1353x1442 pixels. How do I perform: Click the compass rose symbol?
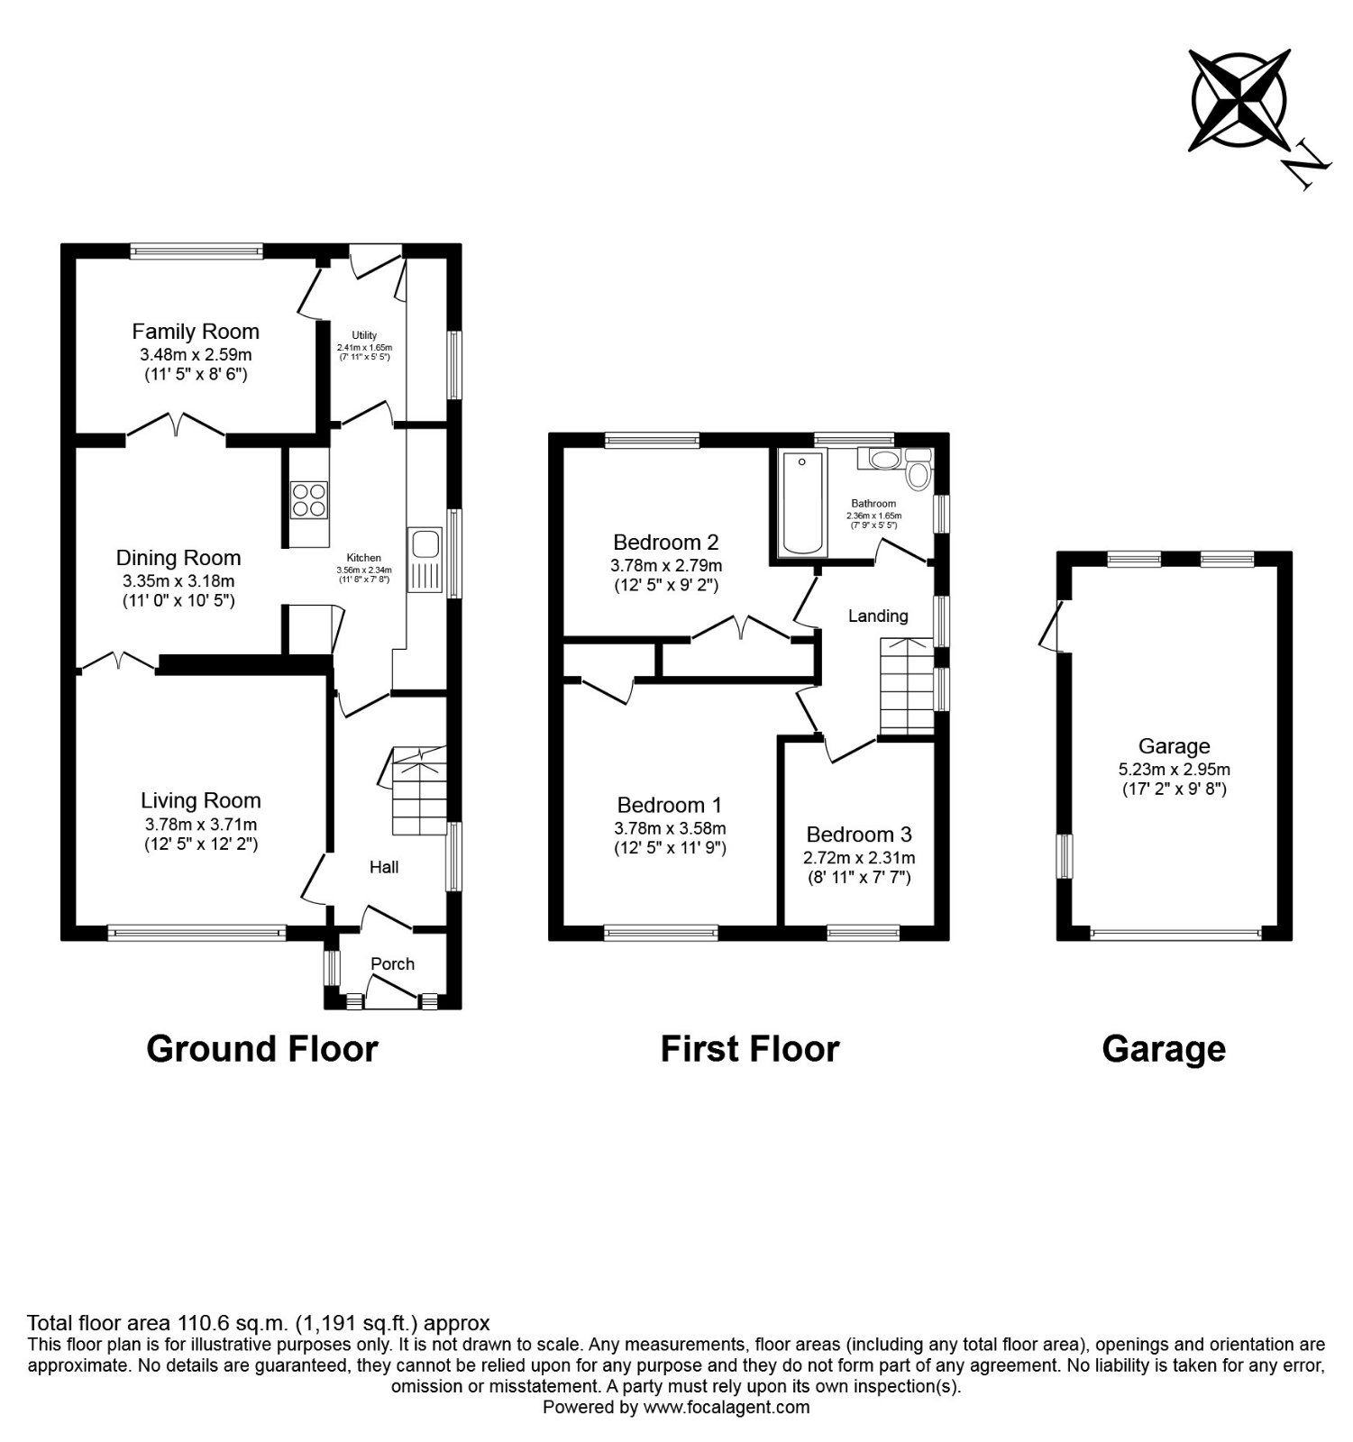coord(1237,100)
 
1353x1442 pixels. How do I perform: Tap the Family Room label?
coord(196,332)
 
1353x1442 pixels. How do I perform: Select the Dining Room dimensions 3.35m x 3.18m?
coord(178,581)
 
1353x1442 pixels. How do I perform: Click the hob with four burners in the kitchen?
coord(308,499)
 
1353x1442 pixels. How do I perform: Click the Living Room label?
coord(200,800)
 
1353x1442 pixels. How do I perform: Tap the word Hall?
coord(384,867)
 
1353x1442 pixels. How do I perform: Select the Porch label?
coord(393,964)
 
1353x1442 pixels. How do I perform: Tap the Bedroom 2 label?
coord(665,543)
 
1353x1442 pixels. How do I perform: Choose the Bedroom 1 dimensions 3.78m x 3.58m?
coord(670,828)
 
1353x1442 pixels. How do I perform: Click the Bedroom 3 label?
coord(858,835)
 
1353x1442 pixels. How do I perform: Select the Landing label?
coord(878,616)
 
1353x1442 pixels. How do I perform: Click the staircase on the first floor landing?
coord(907,685)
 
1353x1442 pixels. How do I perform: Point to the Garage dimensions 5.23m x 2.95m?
coord(1174,770)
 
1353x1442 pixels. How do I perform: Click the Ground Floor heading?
coord(261,1049)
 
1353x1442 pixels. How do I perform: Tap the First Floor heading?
coord(749,1049)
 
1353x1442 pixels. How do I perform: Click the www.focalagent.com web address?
coord(726,1407)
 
